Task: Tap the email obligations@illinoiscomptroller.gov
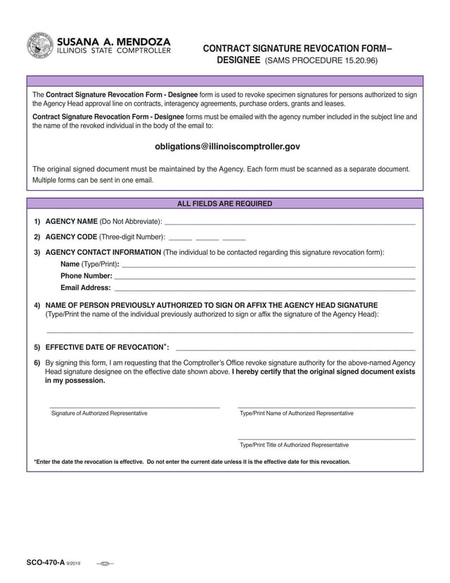pos(227,146)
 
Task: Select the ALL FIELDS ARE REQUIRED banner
pos(224,203)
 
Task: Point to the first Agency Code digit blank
pos(180,238)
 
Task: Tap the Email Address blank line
pos(264,288)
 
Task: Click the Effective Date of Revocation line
pos(295,349)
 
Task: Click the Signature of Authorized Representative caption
pos(99,413)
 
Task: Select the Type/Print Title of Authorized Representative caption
pos(294,445)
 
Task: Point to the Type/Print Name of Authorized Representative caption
pos(297,413)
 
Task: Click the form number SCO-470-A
pos(45,563)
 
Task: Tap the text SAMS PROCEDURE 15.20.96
pos(321,61)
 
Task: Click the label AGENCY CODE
pos(71,237)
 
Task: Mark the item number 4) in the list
pos(37,306)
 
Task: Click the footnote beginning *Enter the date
pos(192,462)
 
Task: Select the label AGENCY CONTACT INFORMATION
pos(103,252)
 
